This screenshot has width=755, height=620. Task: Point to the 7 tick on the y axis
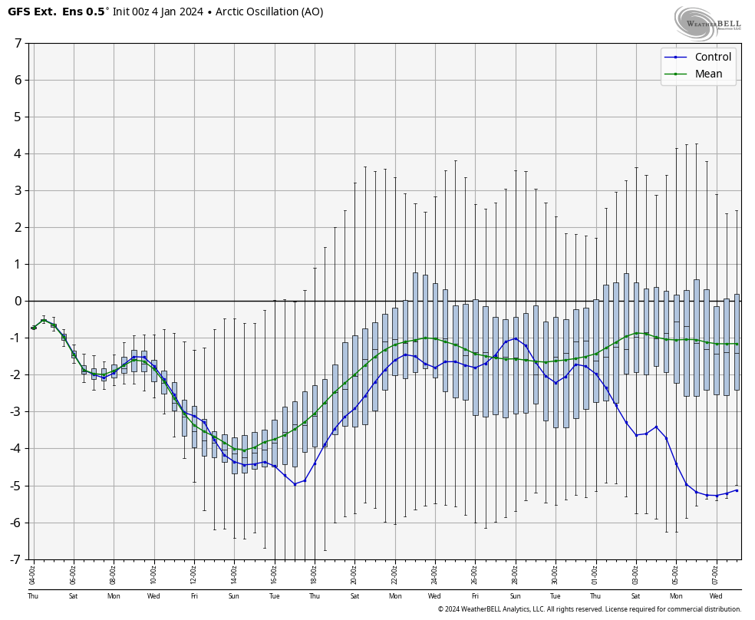point(18,43)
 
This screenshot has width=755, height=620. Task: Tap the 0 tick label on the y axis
point(18,301)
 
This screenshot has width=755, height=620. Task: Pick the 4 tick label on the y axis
point(18,153)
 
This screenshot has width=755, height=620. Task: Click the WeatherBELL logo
point(707,23)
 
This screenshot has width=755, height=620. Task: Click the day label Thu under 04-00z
point(33,596)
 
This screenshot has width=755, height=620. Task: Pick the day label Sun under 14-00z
point(234,596)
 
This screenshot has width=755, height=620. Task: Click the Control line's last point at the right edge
point(737,490)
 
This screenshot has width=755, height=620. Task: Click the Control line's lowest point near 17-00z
point(295,484)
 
